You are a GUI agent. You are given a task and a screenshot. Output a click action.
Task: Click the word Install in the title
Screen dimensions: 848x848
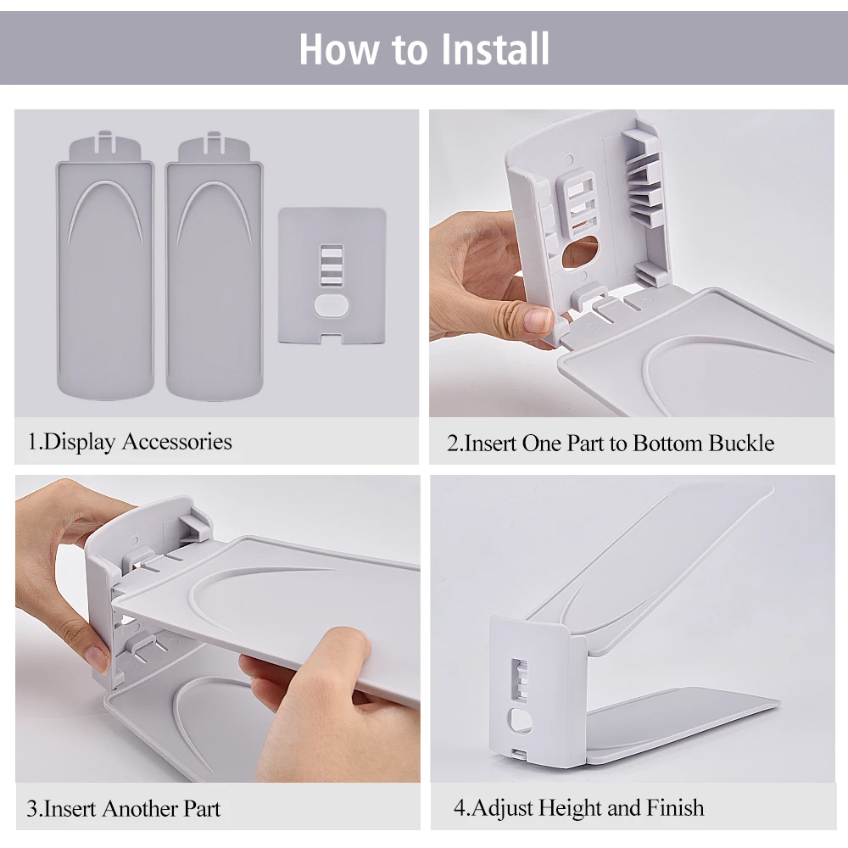[x=495, y=48]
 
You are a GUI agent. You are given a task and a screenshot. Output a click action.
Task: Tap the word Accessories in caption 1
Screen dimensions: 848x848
[x=177, y=441]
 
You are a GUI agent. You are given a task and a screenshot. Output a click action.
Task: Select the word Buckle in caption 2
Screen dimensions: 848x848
[x=741, y=444]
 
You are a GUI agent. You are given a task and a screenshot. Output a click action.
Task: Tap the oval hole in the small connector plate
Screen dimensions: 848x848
[x=332, y=305]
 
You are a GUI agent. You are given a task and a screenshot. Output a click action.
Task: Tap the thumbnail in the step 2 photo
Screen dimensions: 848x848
[x=538, y=321]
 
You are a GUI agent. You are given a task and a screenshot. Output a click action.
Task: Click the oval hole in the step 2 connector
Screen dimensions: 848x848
[x=580, y=252]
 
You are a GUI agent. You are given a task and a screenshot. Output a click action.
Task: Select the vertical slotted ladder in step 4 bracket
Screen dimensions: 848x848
[x=520, y=681]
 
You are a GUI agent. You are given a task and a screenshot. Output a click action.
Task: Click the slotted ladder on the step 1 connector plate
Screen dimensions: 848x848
[x=332, y=265]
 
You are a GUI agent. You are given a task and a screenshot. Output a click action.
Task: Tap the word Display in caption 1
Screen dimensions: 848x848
[x=80, y=443]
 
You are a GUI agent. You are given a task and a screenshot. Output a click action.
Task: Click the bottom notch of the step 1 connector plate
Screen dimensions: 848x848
[x=332, y=339]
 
